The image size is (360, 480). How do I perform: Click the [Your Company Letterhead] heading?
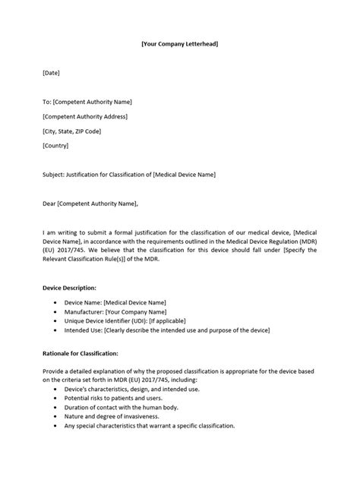(x=180, y=45)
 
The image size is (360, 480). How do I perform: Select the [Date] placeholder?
(x=51, y=73)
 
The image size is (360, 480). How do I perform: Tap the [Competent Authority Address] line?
(x=85, y=116)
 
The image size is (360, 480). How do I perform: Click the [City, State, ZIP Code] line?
(x=72, y=131)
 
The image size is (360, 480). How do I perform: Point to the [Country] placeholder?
(x=55, y=145)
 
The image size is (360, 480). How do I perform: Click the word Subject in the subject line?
(x=55, y=174)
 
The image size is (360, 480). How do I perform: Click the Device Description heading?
(x=69, y=288)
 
